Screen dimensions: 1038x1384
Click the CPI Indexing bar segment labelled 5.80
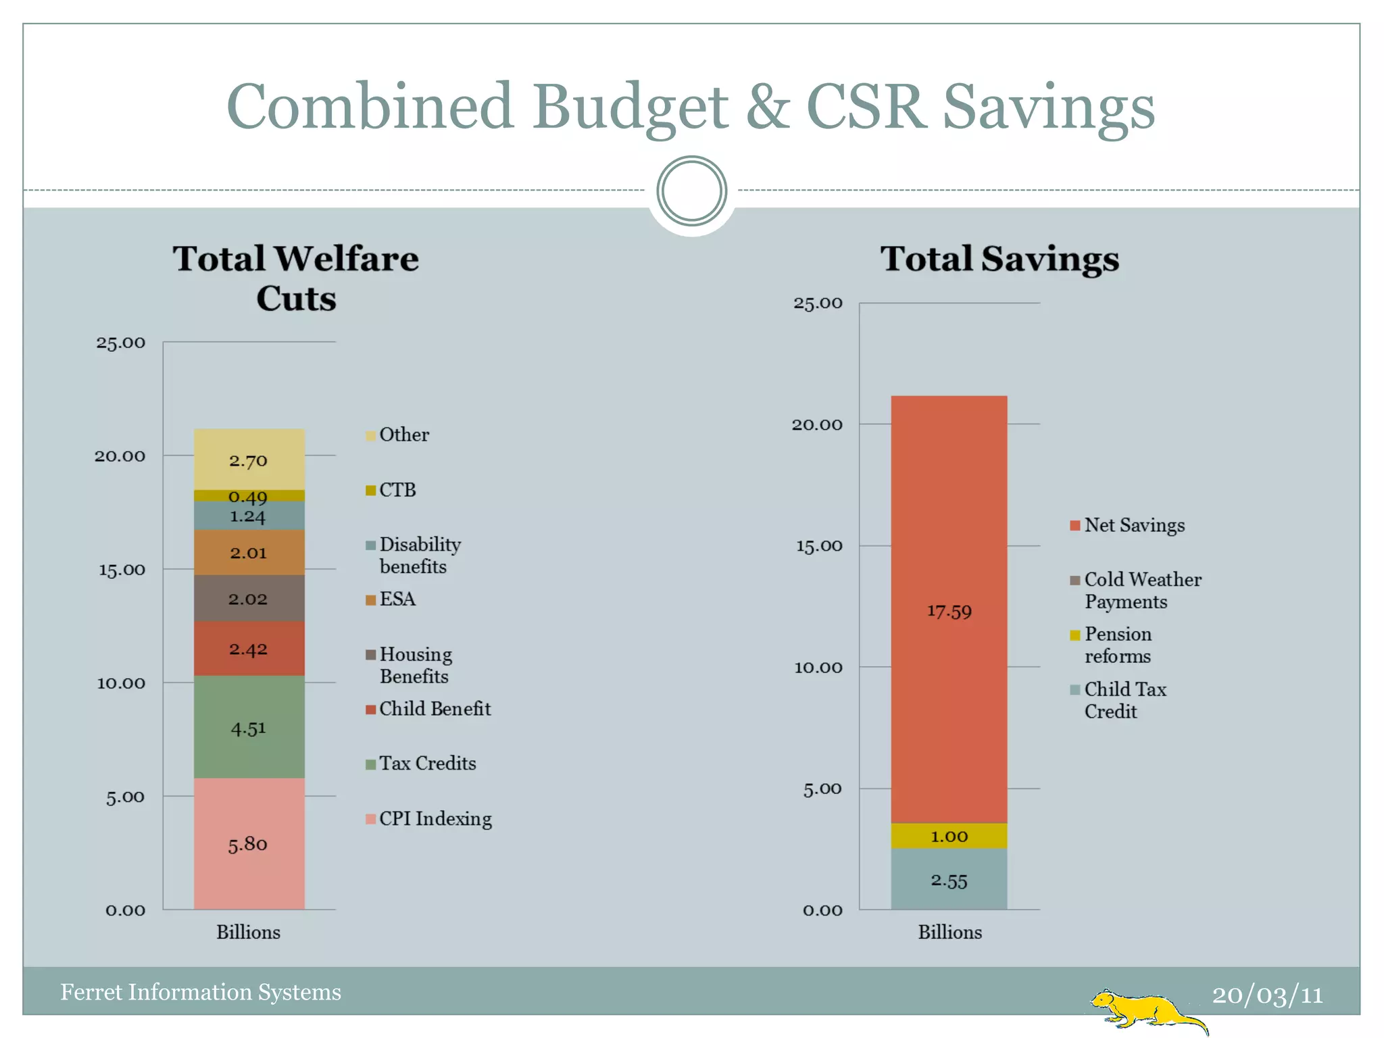click(x=249, y=843)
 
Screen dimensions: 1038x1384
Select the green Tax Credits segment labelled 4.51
click(x=249, y=728)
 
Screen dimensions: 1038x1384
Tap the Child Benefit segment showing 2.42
click(x=249, y=649)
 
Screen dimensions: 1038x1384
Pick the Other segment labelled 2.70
click(x=249, y=460)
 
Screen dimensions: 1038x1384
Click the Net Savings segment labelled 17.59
click(x=949, y=610)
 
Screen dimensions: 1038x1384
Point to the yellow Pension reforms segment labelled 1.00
click(x=949, y=836)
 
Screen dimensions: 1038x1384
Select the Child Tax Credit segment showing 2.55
click(x=949, y=880)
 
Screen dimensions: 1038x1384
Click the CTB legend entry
click(x=397, y=490)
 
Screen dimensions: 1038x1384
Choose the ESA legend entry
click(x=397, y=599)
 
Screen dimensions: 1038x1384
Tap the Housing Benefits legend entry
click(x=414, y=665)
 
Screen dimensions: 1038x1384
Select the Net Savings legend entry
click(x=1133, y=525)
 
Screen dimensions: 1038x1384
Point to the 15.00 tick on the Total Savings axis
click(x=819, y=546)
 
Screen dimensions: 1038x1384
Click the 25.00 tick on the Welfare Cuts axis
click(x=120, y=343)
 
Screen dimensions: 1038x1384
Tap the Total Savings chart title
click(x=999, y=259)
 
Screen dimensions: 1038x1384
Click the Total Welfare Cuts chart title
click(x=296, y=278)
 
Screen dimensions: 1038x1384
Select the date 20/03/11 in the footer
click(x=1267, y=995)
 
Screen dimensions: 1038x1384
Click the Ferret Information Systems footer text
click(x=201, y=992)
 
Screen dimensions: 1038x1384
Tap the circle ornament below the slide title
click(x=691, y=191)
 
